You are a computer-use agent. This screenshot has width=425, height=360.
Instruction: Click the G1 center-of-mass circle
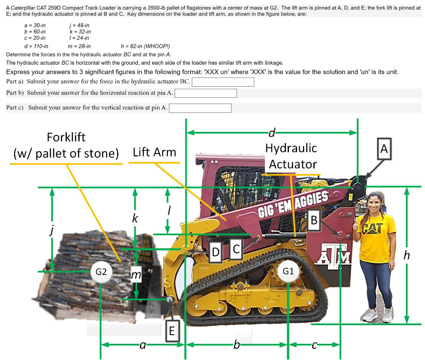coord(288,271)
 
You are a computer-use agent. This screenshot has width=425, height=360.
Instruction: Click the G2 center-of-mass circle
coord(101,272)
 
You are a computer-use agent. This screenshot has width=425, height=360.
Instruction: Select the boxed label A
coord(384,148)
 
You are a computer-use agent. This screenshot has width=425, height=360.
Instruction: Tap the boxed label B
coord(314,220)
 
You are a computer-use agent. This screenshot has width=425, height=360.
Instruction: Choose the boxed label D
coord(215,251)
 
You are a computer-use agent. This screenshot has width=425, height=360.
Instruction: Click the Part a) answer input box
coord(223,82)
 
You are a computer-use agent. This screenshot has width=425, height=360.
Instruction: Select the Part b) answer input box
coord(206,93)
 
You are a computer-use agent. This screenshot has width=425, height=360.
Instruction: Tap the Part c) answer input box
coord(200,108)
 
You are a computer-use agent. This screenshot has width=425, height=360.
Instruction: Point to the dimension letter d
coord(272,133)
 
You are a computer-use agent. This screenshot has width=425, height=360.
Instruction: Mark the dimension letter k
coord(135,218)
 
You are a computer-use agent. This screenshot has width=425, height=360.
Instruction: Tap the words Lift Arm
coord(154,152)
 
